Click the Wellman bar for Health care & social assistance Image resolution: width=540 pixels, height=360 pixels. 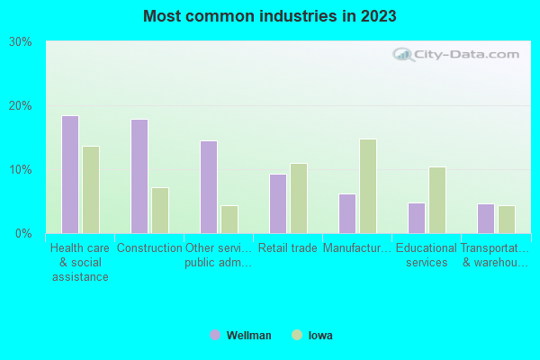[70, 175]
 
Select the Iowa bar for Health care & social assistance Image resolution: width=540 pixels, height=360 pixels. [91, 190]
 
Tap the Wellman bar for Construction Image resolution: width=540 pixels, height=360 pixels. [139, 176]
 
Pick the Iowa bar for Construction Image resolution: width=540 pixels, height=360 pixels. [160, 211]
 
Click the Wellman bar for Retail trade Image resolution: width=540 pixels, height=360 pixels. [278, 203]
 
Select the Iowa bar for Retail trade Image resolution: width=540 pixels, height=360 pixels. [299, 198]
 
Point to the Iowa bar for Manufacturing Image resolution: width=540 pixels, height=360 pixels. [368, 186]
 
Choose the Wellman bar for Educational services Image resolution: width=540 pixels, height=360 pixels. [417, 218]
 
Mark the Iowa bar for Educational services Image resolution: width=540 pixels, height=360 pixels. [437, 200]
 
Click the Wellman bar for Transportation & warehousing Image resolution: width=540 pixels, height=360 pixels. [486, 219]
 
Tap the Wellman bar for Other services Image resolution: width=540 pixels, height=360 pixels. [209, 187]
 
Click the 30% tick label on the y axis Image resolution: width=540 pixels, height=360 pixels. [21, 42]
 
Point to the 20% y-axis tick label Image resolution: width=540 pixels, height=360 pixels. [21, 106]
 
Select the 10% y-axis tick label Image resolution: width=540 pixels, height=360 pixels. [21, 170]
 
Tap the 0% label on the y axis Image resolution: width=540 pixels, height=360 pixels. [23, 234]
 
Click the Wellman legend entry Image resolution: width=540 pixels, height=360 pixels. [240, 336]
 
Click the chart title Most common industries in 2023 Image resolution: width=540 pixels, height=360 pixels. [270, 16]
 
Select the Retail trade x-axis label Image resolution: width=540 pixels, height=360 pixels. [288, 248]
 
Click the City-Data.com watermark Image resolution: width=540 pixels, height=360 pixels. [459, 54]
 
